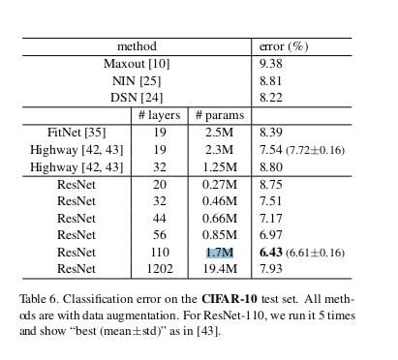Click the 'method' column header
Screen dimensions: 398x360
coord(137,46)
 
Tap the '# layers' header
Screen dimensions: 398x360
coord(159,115)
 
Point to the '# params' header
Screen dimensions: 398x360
coord(219,115)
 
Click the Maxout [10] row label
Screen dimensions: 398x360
coord(137,64)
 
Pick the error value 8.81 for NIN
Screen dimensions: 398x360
coord(271,81)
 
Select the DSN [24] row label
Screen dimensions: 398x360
coord(137,98)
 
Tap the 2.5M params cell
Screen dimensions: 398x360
coord(219,133)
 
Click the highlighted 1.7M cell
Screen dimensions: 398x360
coord(219,253)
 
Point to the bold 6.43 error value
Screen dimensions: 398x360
coord(269,253)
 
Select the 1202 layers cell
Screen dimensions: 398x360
coord(159,269)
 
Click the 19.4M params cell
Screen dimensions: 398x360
coord(219,269)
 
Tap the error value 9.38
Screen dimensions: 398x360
coord(271,64)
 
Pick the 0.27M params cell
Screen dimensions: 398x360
coord(219,184)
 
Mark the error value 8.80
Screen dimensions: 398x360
coord(271,167)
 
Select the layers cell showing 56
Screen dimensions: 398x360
coord(159,235)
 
